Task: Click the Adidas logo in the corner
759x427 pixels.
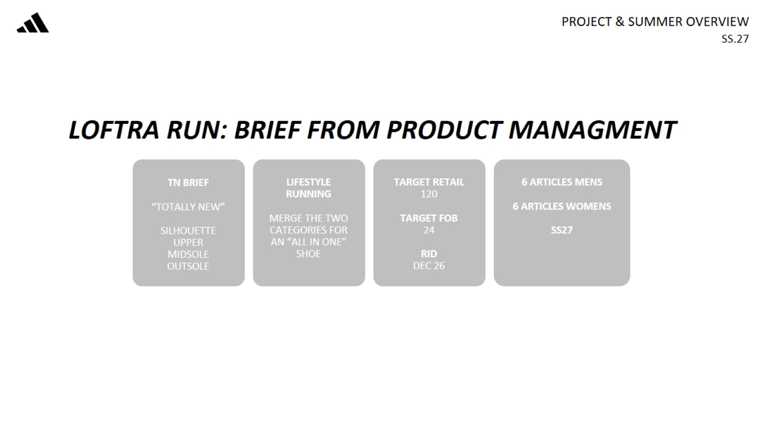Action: (33, 23)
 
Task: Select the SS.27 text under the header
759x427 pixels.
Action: (735, 39)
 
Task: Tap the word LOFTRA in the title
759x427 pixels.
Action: (113, 130)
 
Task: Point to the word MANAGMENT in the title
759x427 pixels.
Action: (592, 130)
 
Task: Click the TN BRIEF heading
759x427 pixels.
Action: (188, 183)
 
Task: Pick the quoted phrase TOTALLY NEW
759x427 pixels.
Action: (188, 207)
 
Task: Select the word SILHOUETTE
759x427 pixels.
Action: (188, 231)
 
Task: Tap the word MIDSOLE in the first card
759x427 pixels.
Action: (188, 254)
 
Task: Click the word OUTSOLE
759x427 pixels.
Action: (188, 266)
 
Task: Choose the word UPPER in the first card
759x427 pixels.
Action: (188, 243)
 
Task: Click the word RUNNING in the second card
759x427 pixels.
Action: (309, 194)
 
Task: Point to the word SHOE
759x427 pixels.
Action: (309, 254)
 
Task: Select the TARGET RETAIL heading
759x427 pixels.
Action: (429, 182)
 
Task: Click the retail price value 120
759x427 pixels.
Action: (429, 194)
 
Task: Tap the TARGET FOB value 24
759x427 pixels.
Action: (429, 230)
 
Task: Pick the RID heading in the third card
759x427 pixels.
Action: (429, 254)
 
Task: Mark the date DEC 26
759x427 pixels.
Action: (429, 266)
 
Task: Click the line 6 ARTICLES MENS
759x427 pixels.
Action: (562, 182)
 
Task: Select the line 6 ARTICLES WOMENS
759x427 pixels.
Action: (562, 206)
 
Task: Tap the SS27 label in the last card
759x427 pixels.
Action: (562, 230)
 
